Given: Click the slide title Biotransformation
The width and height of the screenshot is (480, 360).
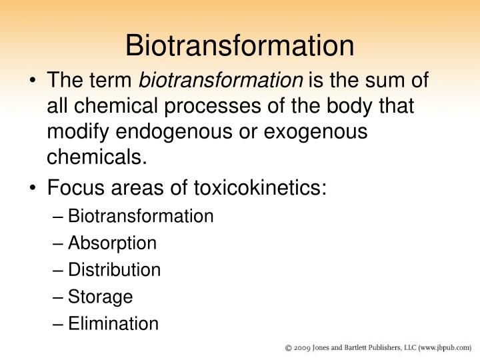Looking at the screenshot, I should tap(239, 45).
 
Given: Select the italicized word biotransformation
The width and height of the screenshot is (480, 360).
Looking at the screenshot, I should tap(220, 81).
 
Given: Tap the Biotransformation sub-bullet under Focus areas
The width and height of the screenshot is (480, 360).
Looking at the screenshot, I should tap(141, 216).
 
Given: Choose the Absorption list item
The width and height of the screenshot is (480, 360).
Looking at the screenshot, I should tap(112, 243).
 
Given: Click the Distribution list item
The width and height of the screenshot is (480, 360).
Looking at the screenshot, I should tap(114, 270).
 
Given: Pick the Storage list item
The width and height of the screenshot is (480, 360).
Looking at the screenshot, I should tap(100, 297).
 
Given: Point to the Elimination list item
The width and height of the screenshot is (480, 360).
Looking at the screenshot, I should tap(113, 324).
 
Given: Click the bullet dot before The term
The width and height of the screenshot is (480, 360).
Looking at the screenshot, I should tap(35, 81).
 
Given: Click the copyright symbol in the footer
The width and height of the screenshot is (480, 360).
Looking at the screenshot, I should tap(288, 347).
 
